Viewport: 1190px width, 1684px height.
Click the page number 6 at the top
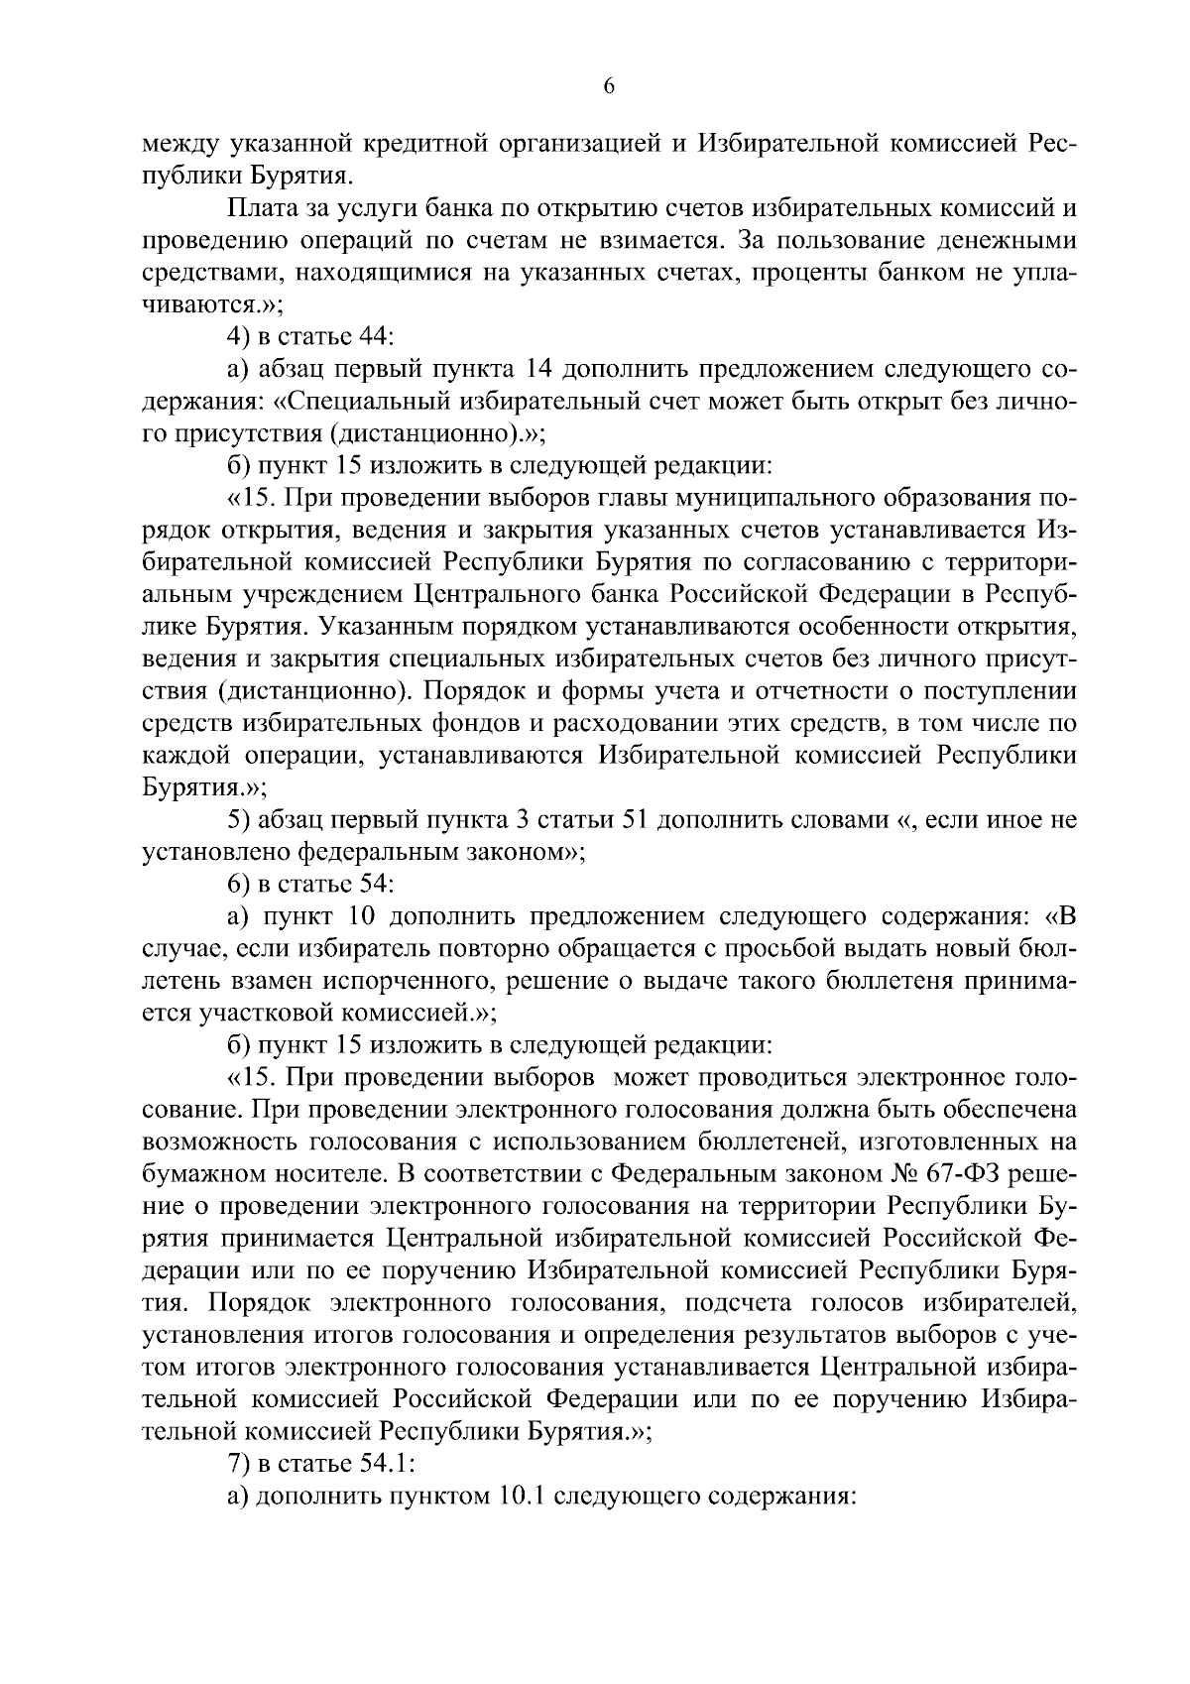[x=609, y=87]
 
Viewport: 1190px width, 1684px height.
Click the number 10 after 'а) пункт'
[x=364, y=916]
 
